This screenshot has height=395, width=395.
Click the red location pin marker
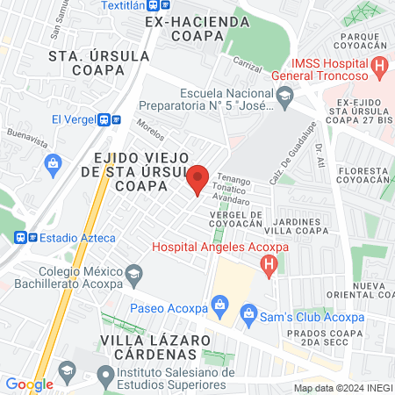click(x=198, y=178)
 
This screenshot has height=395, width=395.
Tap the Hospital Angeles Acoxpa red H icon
click(x=270, y=263)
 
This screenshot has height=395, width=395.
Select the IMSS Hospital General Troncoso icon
click(x=379, y=65)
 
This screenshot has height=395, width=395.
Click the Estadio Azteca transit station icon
click(x=24, y=237)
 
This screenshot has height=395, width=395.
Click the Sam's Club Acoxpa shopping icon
click(x=248, y=312)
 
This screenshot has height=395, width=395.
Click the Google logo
click(x=29, y=384)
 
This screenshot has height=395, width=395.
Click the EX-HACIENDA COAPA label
click(x=192, y=27)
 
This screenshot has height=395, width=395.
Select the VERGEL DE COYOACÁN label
click(x=236, y=219)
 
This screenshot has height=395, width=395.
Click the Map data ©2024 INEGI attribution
click(x=342, y=387)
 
